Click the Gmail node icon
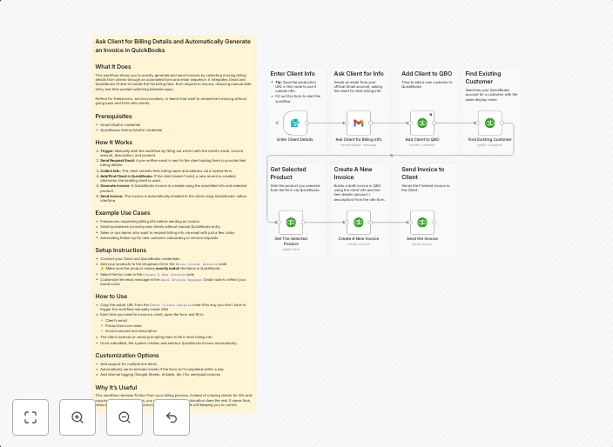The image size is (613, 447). point(358,123)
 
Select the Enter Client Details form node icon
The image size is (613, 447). point(294,123)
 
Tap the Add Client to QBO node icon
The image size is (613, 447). point(422,123)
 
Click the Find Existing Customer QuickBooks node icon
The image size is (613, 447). point(489,123)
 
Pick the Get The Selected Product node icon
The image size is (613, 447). point(291,223)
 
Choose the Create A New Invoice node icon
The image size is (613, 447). point(358,223)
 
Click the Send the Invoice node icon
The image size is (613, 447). point(422,223)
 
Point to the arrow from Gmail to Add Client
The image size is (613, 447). point(390,123)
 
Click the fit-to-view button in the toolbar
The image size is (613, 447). point(30,417)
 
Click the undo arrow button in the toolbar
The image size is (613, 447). point(172,417)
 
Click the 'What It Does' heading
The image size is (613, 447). point(113,67)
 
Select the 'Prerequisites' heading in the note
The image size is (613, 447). point(113,116)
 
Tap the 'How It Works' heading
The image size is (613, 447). point(114,142)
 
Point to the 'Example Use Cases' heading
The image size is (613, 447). point(123,212)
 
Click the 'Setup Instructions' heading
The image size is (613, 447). point(121,250)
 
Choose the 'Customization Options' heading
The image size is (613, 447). point(127,355)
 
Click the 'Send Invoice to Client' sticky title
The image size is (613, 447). point(422,173)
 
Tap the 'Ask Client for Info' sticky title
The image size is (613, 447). point(359,74)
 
